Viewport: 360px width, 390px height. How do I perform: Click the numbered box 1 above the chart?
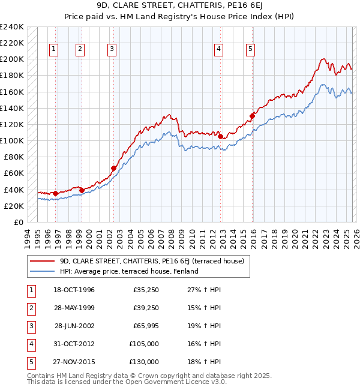pyautogui.click(x=54, y=49)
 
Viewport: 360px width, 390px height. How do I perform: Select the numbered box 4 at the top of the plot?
pyautogui.click(x=218, y=49)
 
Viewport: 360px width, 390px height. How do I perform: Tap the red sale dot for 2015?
pyautogui.click(x=252, y=116)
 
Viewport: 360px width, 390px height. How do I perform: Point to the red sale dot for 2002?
pyautogui.click(x=113, y=169)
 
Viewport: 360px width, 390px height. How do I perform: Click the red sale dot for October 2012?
pyautogui.click(x=220, y=137)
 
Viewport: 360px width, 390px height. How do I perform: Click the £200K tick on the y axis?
pyautogui.click(x=11, y=59)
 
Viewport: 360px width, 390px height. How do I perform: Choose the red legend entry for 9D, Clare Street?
pyautogui.click(x=151, y=262)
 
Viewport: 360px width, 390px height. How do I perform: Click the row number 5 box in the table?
pyautogui.click(x=31, y=362)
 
